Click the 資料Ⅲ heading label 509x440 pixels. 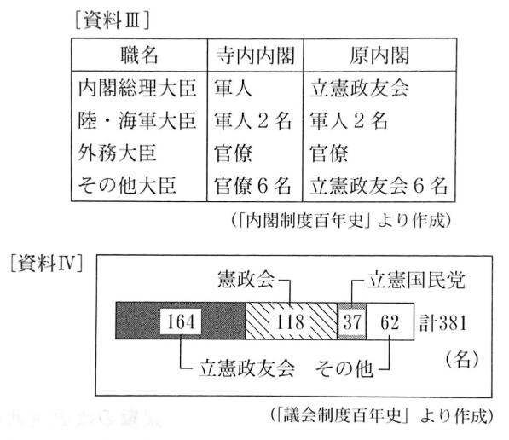point(112,21)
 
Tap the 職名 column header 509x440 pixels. point(139,55)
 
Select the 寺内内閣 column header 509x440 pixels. point(256,55)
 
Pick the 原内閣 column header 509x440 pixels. point(379,55)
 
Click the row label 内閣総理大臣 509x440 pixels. point(137,88)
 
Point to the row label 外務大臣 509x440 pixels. point(117,153)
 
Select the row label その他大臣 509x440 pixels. point(127,185)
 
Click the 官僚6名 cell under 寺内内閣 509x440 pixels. point(252,186)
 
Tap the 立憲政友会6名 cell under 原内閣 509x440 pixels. point(379,186)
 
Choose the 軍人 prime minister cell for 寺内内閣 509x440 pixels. point(233,88)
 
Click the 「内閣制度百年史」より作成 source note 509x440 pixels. point(341,221)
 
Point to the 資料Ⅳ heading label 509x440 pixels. point(46,263)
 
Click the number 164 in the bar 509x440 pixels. point(181,321)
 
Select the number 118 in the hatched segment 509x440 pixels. point(290,321)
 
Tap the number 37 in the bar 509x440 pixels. point(352,322)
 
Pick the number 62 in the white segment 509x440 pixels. point(390,322)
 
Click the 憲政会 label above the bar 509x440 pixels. point(246,279)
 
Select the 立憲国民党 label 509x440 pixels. point(416,280)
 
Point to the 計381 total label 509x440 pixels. point(443,323)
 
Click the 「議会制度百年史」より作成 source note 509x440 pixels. point(382,415)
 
